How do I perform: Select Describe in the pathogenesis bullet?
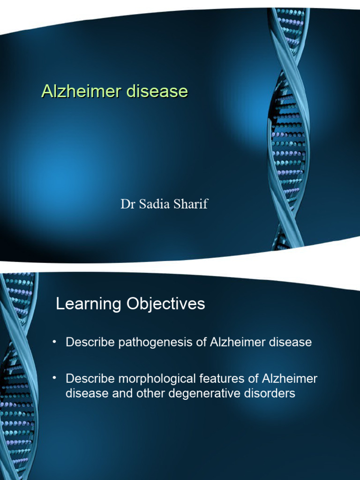(x=90, y=342)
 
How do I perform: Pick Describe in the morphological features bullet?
(x=90, y=379)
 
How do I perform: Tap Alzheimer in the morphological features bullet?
(x=290, y=379)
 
